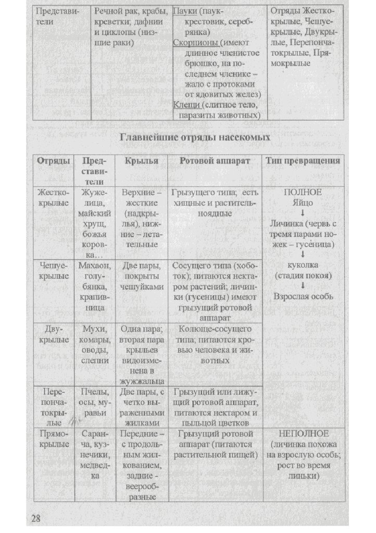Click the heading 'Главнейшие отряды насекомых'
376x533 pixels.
click(195, 138)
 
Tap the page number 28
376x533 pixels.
click(36, 517)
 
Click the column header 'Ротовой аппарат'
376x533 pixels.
click(215, 161)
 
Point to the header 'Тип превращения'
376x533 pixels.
click(303, 161)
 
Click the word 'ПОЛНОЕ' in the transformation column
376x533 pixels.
click(303, 192)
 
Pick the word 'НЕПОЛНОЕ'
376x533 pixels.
click(303, 434)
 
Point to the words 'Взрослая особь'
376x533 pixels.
click(303, 296)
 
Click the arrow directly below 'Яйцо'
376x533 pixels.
click(303, 213)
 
